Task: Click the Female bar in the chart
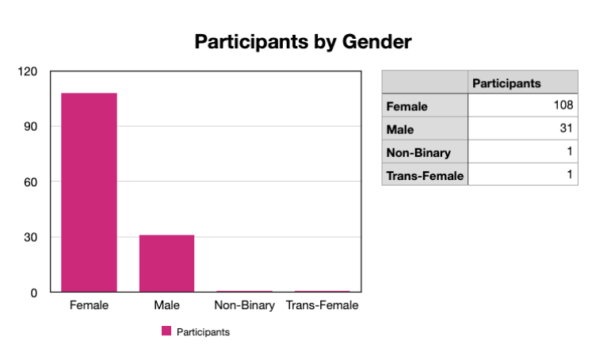click(89, 192)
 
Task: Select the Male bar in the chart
click(167, 263)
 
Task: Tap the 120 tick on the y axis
click(27, 71)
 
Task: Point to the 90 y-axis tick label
click(31, 127)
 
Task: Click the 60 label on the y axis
click(31, 182)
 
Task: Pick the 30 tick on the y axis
click(31, 237)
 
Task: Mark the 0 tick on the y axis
click(34, 293)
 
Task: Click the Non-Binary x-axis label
click(245, 305)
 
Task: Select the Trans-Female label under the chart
click(322, 305)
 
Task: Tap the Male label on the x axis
click(167, 305)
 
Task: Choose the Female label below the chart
click(89, 305)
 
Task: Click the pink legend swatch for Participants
click(166, 331)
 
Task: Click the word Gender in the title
click(376, 41)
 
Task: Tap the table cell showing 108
click(523, 105)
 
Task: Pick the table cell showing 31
click(523, 128)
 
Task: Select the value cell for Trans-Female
click(523, 174)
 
